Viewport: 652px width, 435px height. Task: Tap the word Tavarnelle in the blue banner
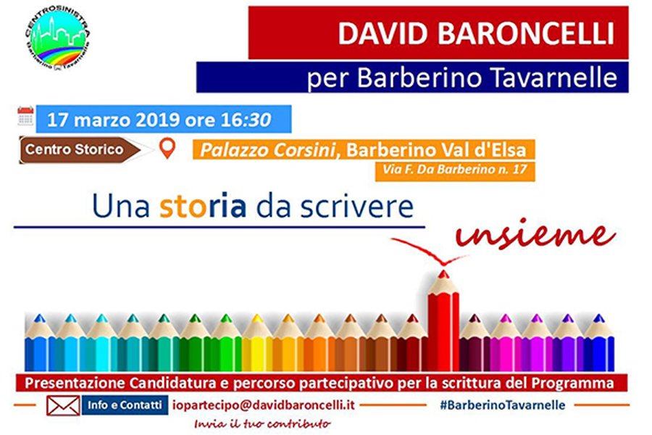click(553, 77)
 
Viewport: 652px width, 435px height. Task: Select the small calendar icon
click(25, 116)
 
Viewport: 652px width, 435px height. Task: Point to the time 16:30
click(246, 120)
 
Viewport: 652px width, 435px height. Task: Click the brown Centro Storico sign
click(80, 149)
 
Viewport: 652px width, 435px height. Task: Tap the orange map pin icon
click(167, 149)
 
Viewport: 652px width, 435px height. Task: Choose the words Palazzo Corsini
click(267, 150)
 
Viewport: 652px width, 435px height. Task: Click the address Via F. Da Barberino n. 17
click(454, 170)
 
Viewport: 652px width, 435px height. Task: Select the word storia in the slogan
click(203, 206)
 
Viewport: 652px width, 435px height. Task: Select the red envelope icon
click(63, 406)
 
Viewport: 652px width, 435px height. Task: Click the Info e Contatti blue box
click(125, 405)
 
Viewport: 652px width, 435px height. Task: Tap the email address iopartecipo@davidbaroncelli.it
click(264, 405)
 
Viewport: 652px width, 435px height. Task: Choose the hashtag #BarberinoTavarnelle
click(503, 405)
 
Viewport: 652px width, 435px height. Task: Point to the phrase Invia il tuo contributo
click(262, 424)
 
